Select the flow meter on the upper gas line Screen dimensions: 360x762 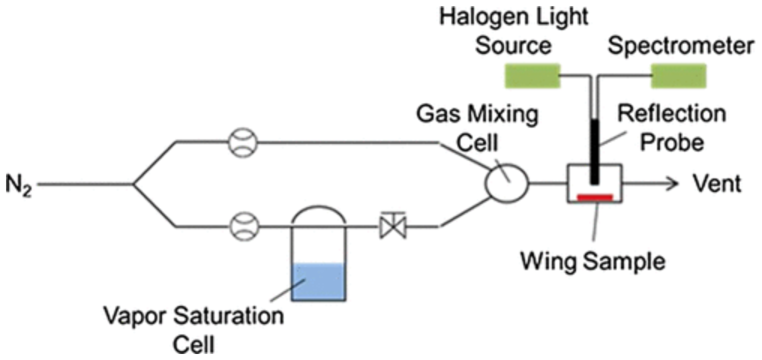click(x=242, y=142)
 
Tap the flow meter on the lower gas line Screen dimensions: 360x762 click(x=242, y=223)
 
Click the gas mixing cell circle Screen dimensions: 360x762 click(x=508, y=182)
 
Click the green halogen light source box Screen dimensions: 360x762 click(x=532, y=76)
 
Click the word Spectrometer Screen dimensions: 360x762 click(x=680, y=46)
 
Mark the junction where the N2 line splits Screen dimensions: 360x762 click(x=133, y=183)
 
